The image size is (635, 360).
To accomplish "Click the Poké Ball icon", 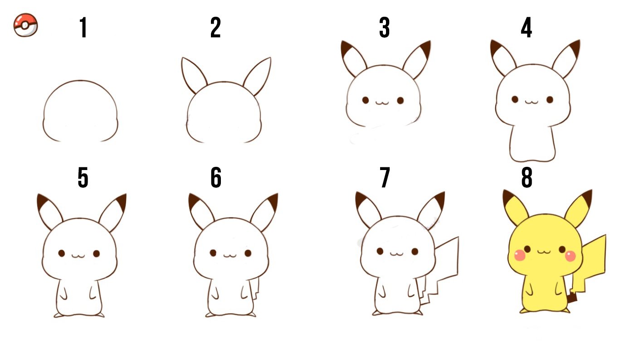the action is tap(25, 25).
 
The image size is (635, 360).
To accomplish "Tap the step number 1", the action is tap(83, 27).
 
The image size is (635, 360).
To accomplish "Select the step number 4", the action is tap(527, 27).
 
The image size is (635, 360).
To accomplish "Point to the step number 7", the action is tap(385, 177).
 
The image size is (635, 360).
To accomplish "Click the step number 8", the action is tap(527, 177).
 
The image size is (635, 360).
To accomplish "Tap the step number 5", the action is tap(83, 177).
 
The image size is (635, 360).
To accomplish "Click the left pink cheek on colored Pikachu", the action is tap(520, 255).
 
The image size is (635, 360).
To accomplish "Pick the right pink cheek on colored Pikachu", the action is tap(571, 256).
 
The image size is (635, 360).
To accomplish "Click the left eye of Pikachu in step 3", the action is tap(366, 100).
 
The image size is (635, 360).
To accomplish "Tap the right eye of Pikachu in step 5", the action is tap(96, 253).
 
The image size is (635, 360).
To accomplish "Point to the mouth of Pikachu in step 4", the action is tap(531, 102).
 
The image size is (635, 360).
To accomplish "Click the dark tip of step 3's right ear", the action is tap(426, 49).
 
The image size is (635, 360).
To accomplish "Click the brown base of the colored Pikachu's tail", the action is tap(573, 297).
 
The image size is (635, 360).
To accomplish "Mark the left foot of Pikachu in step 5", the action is tap(59, 315).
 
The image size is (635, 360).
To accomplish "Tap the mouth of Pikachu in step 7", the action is tap(396, 254).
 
